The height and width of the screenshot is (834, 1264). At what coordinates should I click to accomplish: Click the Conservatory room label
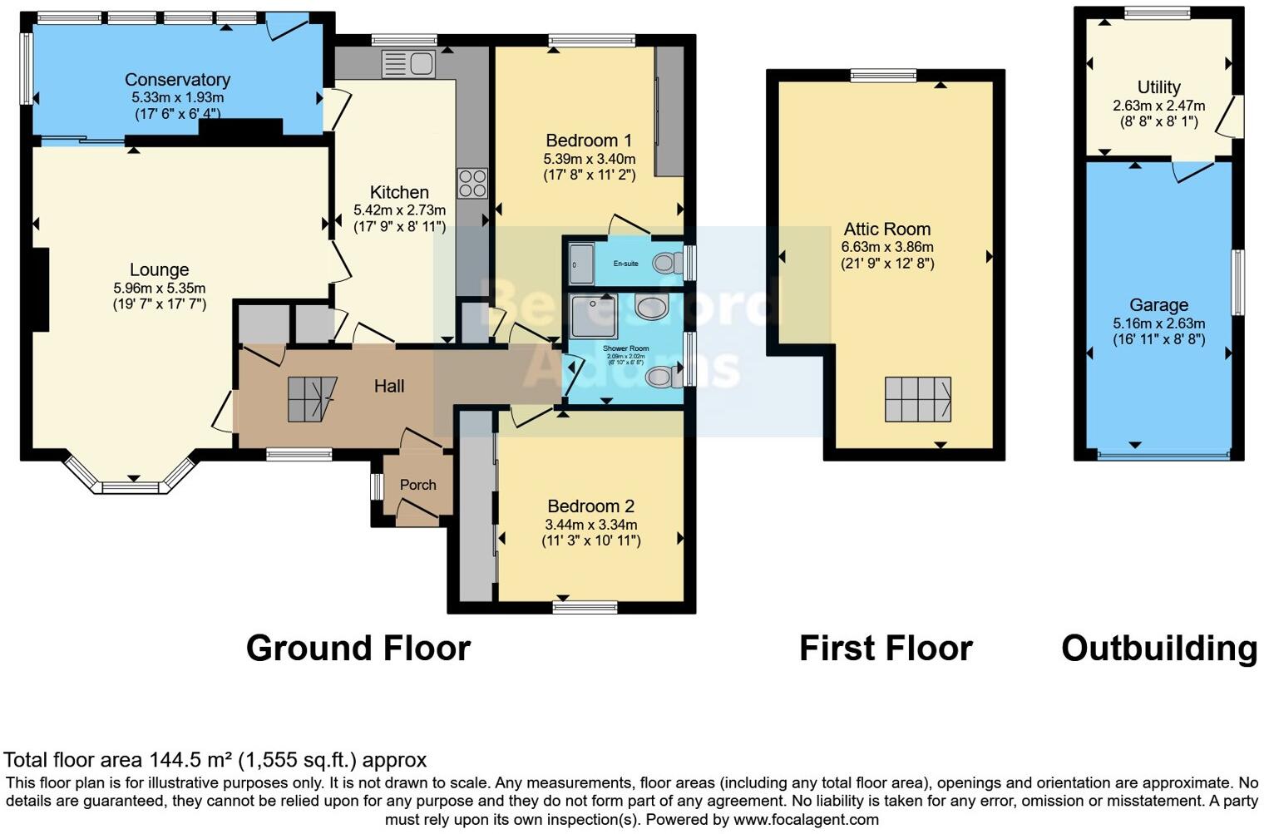point(177,80)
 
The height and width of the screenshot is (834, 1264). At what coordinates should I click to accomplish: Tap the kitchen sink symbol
point(408,62)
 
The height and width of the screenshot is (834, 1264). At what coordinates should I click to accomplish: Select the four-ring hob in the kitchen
point(472,183)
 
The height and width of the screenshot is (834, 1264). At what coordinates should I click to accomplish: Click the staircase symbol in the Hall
point(312,399)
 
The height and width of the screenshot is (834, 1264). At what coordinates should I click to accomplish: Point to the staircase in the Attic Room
point(917,399)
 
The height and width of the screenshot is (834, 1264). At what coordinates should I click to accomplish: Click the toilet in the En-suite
point(664,264)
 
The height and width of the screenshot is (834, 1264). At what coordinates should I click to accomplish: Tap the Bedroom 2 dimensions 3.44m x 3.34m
point(590,525)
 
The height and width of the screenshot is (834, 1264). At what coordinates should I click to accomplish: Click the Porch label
point(417,485)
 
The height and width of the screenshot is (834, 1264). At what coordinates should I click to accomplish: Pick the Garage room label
point(1158,305)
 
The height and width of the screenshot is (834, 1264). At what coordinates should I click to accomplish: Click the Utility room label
point(1158,87)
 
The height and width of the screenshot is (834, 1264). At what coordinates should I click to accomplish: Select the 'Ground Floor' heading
point(358,649)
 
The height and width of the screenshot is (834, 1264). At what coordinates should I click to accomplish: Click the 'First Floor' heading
point(886,649)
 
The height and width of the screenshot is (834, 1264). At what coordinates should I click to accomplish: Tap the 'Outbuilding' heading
point(1159,649)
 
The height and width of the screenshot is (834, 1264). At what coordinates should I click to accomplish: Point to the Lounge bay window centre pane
point(131,485)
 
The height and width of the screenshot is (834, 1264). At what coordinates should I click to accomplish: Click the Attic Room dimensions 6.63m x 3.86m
point(887,247)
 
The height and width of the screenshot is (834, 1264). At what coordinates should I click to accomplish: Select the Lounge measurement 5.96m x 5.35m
point(160,288)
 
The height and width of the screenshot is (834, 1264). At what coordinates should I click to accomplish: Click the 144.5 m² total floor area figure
point(191,760)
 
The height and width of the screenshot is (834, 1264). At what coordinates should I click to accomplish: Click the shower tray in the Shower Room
point(594,317)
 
